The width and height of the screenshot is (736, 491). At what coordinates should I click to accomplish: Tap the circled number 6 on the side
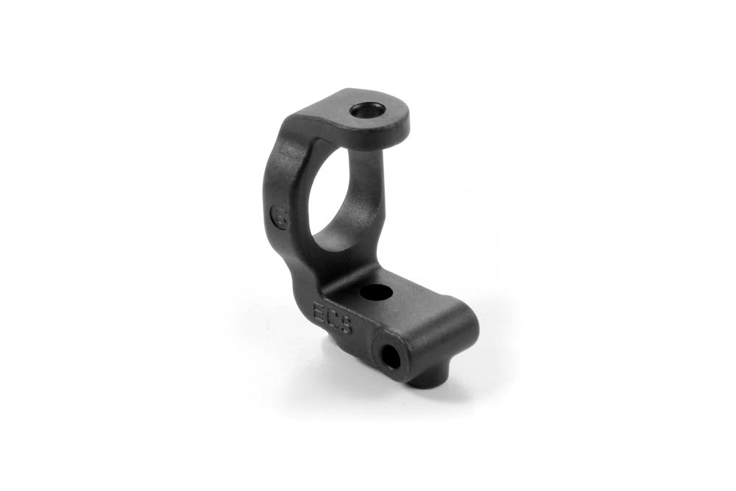(x=279, y=218)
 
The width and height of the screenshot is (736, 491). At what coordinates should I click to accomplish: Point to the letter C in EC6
(x=332, y=319)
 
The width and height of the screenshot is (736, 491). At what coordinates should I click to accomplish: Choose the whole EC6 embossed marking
(x=332, y=319)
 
